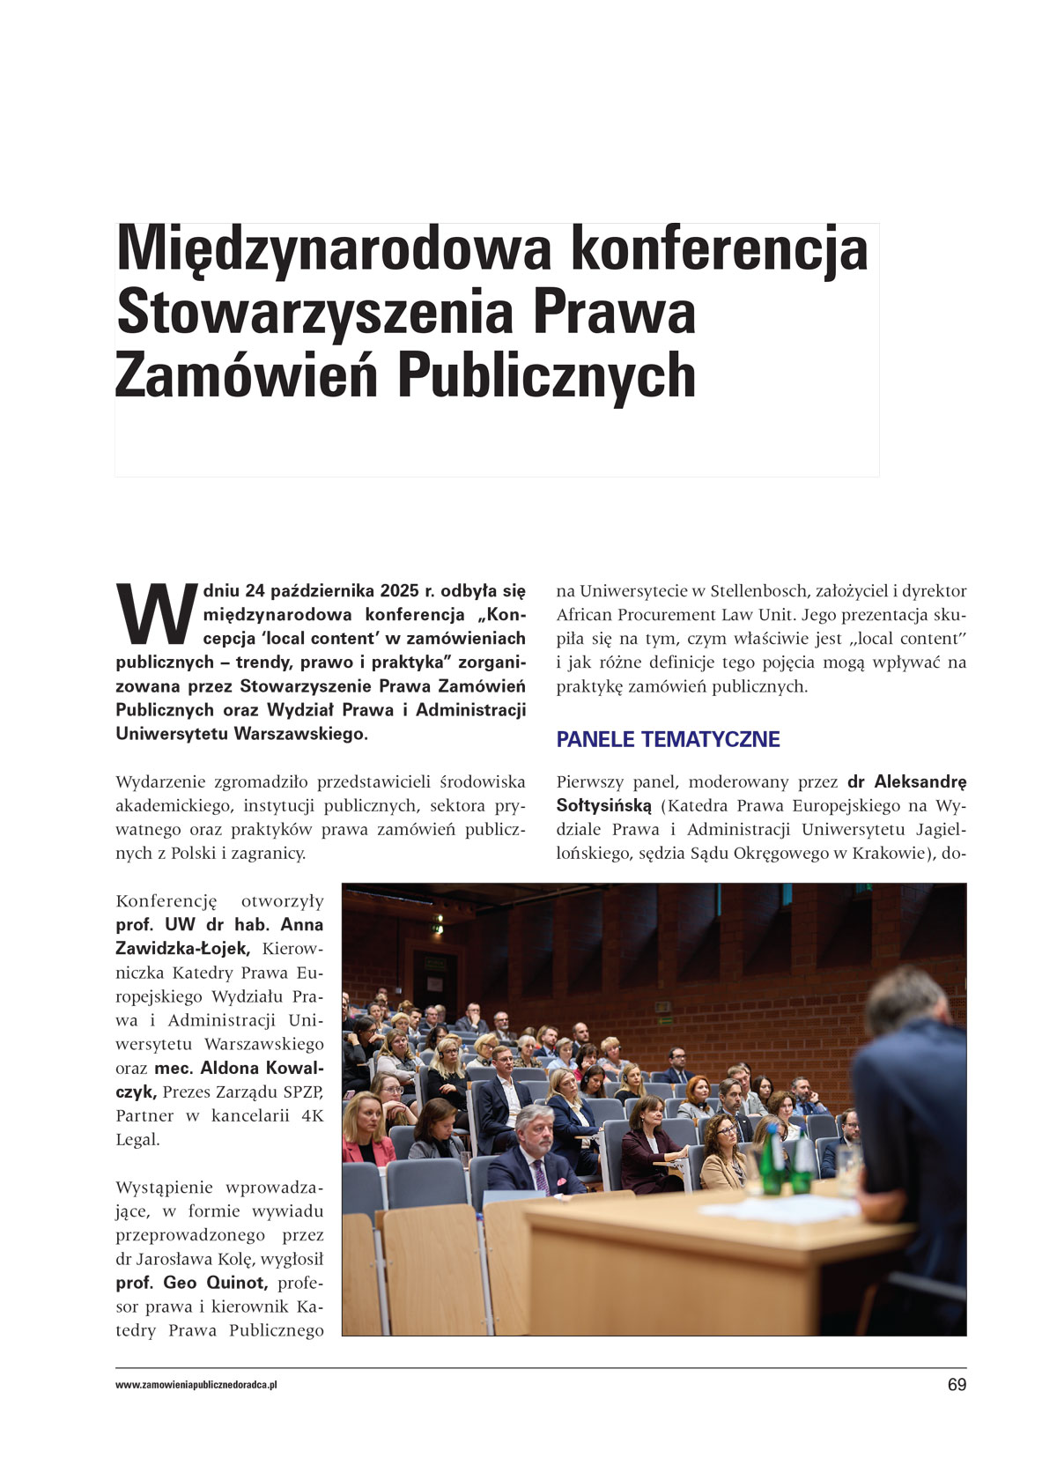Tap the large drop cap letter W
[x=157, y=614]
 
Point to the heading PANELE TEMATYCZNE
[x=668, y=739]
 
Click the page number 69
[x=957, y=1385]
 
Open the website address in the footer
[x=196, y=1385]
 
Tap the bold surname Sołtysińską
[x=604, y=805]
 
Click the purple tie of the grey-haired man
[x=540, y=1177]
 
